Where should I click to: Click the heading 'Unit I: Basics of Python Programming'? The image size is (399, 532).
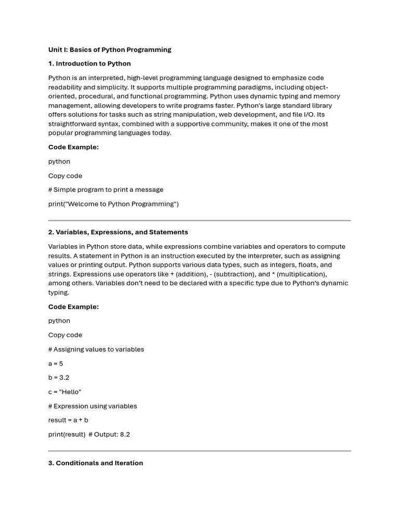(110, 50)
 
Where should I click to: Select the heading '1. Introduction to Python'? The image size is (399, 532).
(89, 64)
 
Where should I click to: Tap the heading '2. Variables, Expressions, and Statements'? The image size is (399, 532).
(118, 232)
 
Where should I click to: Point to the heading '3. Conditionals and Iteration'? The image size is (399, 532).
(96, 463)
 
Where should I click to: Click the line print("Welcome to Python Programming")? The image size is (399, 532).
(113, 204)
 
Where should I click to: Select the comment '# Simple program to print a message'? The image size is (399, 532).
(106, 190)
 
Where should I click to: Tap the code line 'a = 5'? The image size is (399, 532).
(56, 364)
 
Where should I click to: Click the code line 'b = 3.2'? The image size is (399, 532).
(59, 378)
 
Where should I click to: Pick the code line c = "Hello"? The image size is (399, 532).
(65, 392)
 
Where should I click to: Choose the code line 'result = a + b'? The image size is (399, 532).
(68, 420)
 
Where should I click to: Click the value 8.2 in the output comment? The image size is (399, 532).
(125, 434)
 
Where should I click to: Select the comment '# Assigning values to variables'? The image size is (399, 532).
(96, 349)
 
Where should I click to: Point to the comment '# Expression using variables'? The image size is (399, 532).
(92, 406)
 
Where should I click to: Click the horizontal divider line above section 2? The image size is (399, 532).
(199, 220)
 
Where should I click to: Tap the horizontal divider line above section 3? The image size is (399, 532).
(199, 451)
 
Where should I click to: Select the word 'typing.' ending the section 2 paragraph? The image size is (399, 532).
(59, 292)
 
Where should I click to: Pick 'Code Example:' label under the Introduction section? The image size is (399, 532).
(73, 147)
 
